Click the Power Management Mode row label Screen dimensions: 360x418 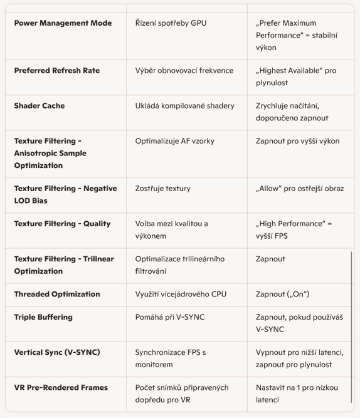(63, 23)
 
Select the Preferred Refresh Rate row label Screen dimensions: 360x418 (57, 71)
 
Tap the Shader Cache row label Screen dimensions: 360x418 (40, 106)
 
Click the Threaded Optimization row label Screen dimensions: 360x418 (57, 294)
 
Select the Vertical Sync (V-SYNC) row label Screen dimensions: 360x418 (57, 352)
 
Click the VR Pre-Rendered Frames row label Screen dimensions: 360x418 (61, 387)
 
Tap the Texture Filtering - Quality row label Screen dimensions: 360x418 (62, 224)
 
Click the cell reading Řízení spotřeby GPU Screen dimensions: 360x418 (171, 23)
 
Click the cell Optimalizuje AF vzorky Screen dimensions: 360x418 (174, 141)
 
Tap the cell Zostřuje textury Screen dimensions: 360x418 (163, 189)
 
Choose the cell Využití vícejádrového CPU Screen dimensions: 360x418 (181, 294)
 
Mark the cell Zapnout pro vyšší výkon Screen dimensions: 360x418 (297, 141)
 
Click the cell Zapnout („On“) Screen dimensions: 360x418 (282, 294)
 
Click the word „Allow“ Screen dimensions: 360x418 (270, 189)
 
